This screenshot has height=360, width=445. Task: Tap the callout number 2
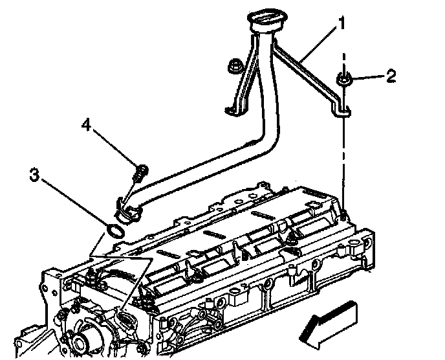point(390,77)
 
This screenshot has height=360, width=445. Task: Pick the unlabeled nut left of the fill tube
point(234,66)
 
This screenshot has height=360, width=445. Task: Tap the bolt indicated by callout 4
point(139,172)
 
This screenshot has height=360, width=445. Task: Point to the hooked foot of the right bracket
point(342,111)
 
